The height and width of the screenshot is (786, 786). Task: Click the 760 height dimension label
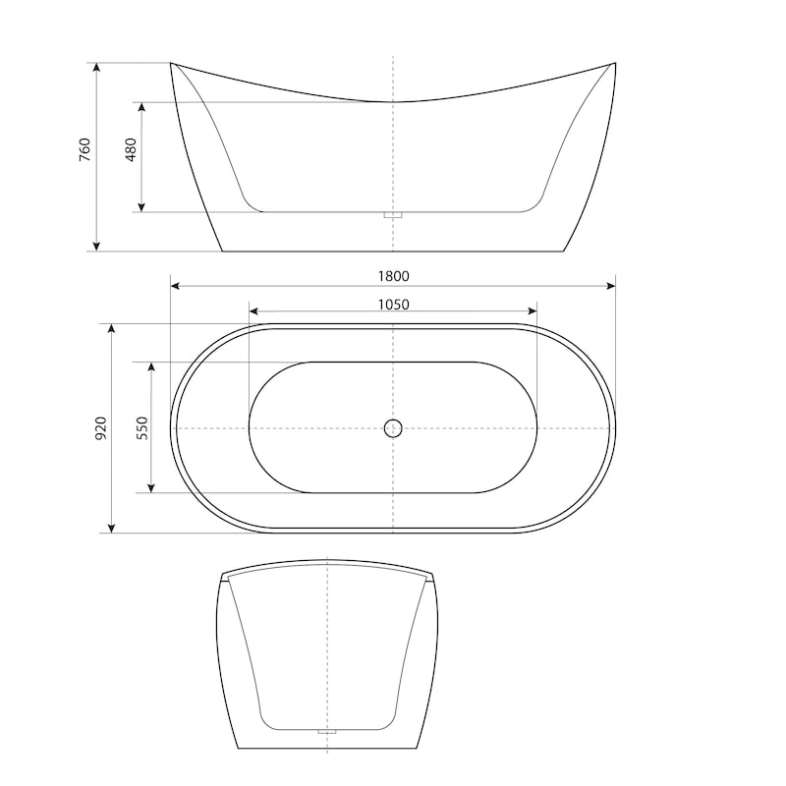coord(85,149)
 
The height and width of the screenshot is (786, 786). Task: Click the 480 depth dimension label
coord(131,149)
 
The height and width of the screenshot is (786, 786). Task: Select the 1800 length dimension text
coord(394,276)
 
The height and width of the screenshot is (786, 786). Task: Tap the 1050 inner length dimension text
coord(394,305)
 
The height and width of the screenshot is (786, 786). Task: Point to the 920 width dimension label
coord(101,428)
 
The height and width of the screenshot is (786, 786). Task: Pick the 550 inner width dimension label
coord(142,428)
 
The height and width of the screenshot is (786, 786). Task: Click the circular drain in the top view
coord(393,428)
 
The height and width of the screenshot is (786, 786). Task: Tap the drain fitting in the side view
coord(393,215)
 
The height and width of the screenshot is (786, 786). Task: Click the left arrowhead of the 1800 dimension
coord(175,286)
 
